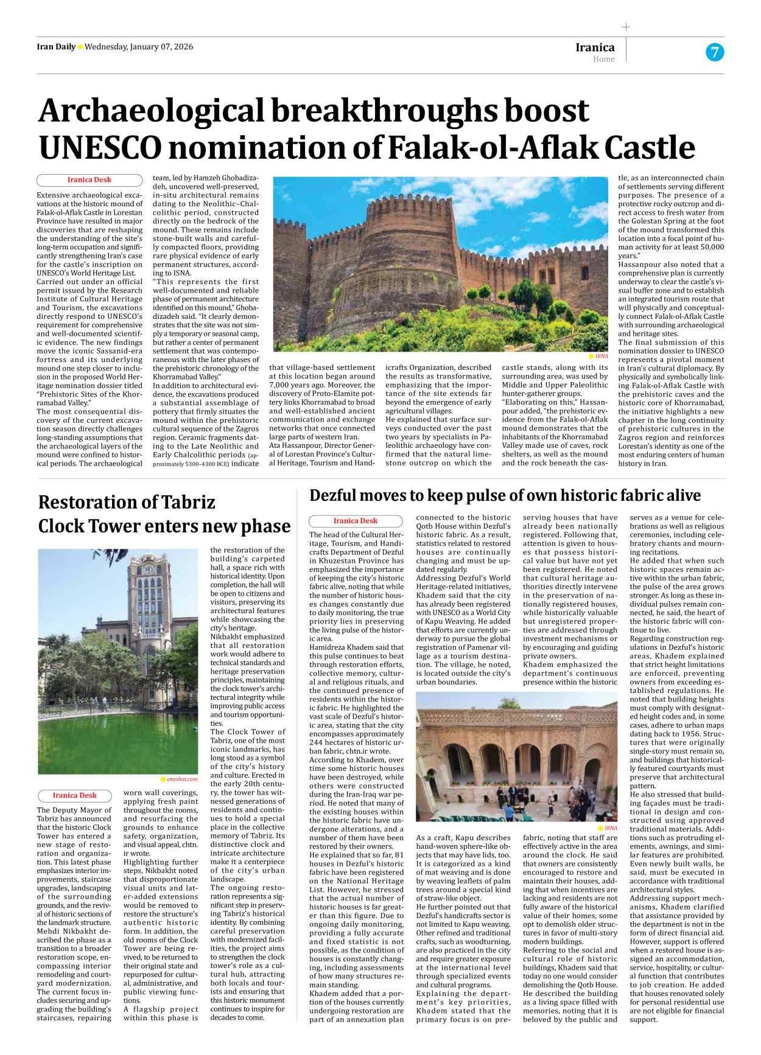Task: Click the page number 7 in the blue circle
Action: tap(715, 52)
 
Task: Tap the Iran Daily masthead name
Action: tap(56, 47)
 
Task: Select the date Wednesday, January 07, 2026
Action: tap(139, 47)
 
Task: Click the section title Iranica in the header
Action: tap(595, 47)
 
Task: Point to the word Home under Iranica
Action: tap(603, 59)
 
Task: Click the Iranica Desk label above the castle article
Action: tap(89, 179)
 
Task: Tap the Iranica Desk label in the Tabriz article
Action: tap(74, 795)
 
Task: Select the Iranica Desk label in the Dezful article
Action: tap(355, 521)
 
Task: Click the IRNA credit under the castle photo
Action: tap(601, 357)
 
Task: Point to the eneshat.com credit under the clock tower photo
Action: tap(182, 779)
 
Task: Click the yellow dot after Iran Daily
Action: tap(80, 47)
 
